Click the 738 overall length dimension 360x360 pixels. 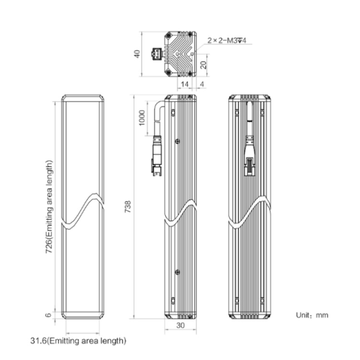point(128,206)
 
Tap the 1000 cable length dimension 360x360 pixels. point(142,118)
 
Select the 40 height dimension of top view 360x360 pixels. point(137,54)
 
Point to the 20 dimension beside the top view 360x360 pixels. point(204,65)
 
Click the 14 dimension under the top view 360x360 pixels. point(184,84)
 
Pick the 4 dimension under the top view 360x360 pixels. point(202,84)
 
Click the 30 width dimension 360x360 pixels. point(180,325)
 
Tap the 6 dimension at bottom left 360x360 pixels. point(48,315)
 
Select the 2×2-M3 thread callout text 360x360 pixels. point(227,41)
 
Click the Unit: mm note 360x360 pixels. point(312,315)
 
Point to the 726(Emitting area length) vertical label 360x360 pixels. point(49,206)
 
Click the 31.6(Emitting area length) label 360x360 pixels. point(78,341)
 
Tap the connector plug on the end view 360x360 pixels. point(157,54)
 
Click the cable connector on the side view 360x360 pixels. point(157,156)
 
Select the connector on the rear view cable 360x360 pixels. point(250,156)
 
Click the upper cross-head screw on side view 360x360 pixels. point(177,141)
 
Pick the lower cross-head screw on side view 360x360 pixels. point(177,272)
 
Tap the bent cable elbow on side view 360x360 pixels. point(159,107)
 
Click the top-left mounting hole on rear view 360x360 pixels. point(237,113)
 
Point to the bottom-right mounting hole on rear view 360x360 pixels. point(263,300)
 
